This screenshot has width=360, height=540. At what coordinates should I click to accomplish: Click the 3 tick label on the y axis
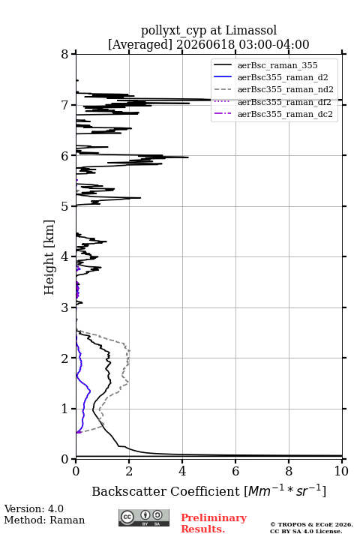tap(64, 307)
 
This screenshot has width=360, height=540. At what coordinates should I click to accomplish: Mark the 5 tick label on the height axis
tap(64, 206)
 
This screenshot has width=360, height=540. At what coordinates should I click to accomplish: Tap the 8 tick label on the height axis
tap(64, 54)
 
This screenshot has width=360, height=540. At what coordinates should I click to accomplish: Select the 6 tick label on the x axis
tap(235, 471)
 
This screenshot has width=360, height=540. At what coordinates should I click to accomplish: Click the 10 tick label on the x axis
tap(341, 471)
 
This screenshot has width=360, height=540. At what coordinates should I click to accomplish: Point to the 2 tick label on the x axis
tap(129, 471)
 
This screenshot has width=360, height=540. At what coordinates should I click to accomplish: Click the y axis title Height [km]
tap(49, 257)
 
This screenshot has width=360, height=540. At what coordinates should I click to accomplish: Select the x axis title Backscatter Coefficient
tap(165, 491)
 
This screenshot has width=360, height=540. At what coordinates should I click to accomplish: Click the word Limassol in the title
tap(250, 31)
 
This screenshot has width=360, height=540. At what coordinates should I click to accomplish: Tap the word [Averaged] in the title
tap(140, 44)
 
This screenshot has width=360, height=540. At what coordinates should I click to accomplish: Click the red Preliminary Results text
tap(214, 523)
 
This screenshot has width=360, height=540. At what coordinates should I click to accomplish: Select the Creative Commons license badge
tap(144, 517)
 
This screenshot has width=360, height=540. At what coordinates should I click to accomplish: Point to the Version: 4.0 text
tap(34, 508)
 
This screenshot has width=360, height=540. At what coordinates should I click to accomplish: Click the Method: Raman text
tap(44, 520)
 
